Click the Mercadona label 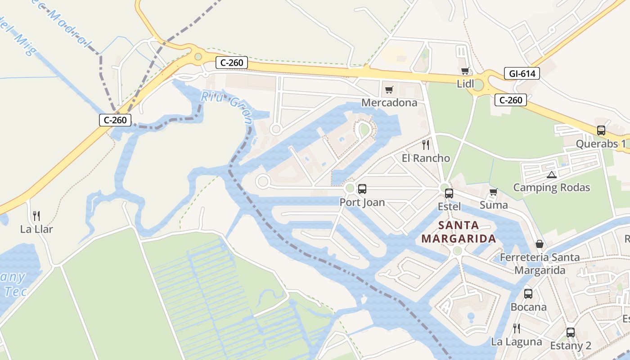389,103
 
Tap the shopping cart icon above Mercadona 389,90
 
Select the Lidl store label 465,84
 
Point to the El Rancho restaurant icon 426,145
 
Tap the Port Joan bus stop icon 362,189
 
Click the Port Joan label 362,202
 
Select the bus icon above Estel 449,193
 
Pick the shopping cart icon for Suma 494,192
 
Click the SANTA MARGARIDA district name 459,232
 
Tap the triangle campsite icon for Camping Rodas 551,175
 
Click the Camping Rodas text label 551,188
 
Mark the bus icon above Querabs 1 601,130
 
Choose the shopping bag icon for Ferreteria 540,244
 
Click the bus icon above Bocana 528,294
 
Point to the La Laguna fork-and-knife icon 517,328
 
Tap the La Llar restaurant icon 36,216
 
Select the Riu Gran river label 227,106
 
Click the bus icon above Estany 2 571,333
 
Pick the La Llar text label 36,229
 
